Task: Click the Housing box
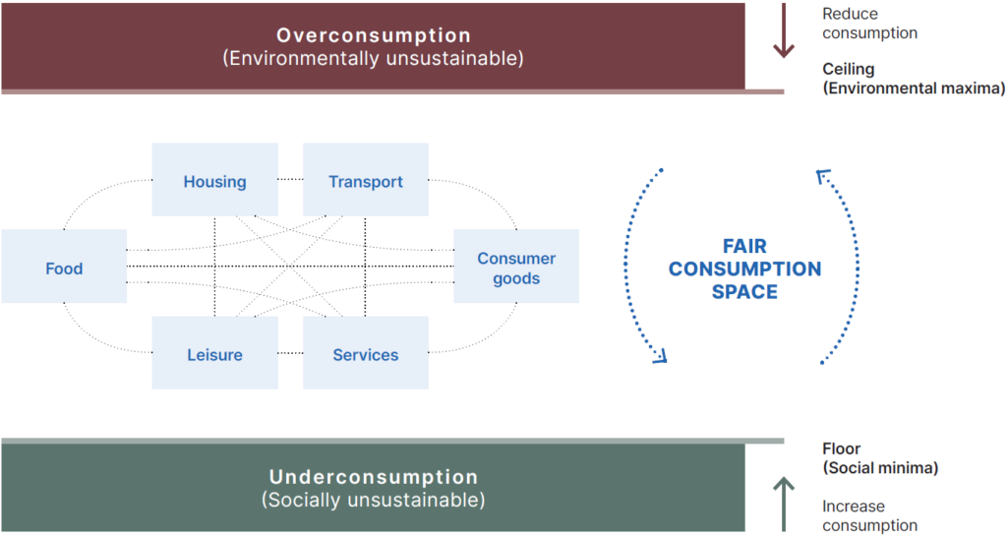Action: click(x=214, y=181)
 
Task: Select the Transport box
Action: click(x=366, y=181)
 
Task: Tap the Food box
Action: click(x=64, y=268)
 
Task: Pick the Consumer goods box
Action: click(x=516, y=268)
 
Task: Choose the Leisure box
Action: click(x=214, y=354)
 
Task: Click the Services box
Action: click(x=366, y=354)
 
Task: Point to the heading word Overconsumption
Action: click(x=374, y=35)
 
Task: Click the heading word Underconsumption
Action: click(x=374, y=477)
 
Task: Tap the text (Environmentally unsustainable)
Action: click(x=374, y=58)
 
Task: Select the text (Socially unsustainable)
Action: click(x=374, y=500)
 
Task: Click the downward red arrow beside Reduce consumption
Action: click(x=783, y=31)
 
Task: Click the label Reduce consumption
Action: click(x=869, y=24)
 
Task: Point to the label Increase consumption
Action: click(x=869, y=515)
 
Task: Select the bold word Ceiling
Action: click(x=848, y=70)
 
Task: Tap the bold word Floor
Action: click(x=841, y=449)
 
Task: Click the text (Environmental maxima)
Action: click(x=914, y=88)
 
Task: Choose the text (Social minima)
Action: click(x=880, y=467)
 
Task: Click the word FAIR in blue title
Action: click(x=744, y=246)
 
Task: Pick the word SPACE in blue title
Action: click(x=744, y=292)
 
